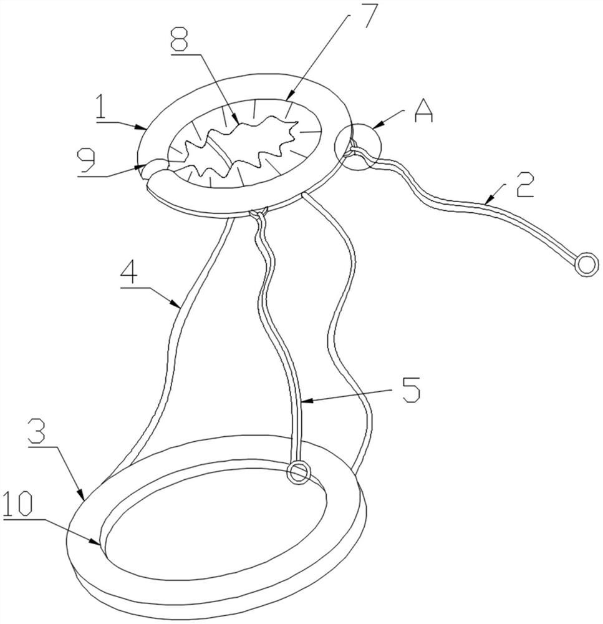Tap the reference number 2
pyautogui.click(x=524, y=185)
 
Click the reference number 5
pyautogui.click(x=411, y=389)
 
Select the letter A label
pyautogui.click(x=423, y=111)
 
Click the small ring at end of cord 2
pyautogui.click(x=587, y=263)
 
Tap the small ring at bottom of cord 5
pyautogui.click(x=299, y=472)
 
